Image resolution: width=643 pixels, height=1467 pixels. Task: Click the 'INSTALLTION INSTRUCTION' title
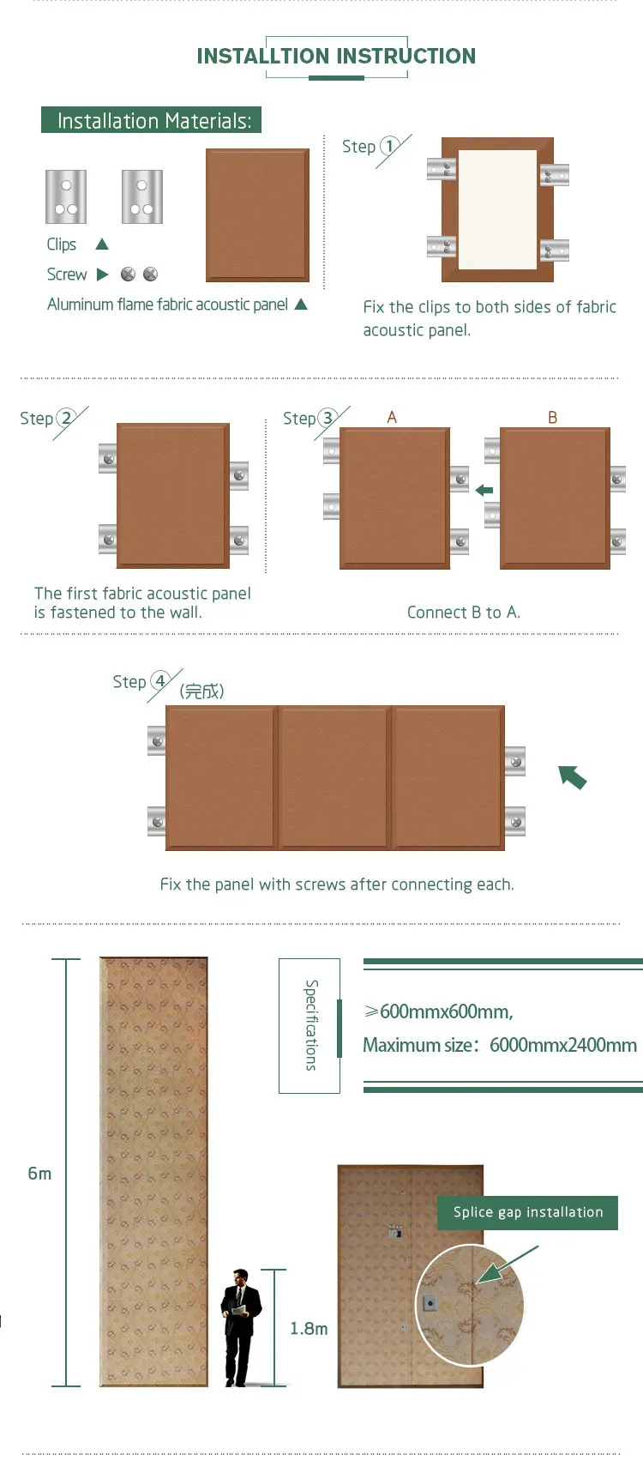[336, 57]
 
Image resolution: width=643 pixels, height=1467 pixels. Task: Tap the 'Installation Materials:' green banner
[152, 120]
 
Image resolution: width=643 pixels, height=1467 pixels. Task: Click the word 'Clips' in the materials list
[62, 244]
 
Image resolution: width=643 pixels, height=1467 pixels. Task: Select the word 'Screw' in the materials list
[67, 275]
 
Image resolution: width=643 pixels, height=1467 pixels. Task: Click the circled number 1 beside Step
[389, 146]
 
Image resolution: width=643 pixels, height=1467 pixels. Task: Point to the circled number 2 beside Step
[66, 418]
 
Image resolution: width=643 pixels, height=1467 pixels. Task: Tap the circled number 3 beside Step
[328, 418]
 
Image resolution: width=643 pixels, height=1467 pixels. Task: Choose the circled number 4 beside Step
[159, 681]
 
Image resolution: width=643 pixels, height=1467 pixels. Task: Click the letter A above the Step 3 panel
[392, 417]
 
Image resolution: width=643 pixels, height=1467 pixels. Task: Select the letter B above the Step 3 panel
[552, 417]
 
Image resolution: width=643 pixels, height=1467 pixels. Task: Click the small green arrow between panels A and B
[484, 490]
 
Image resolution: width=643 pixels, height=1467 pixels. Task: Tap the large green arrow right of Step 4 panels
[572, 776]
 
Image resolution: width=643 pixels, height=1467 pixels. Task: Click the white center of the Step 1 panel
[497, 209]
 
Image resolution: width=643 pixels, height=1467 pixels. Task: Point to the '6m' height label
[39, 1174]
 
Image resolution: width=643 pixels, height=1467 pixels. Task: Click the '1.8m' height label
[309, 1329]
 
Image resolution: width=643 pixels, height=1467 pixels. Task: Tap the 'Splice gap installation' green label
[528, 1212]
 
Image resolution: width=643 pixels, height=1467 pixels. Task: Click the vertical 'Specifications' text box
[309, 1025]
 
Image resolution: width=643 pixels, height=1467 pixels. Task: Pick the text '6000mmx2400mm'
[563, 1045]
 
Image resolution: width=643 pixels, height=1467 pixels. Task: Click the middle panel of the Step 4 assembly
[334, 777]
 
